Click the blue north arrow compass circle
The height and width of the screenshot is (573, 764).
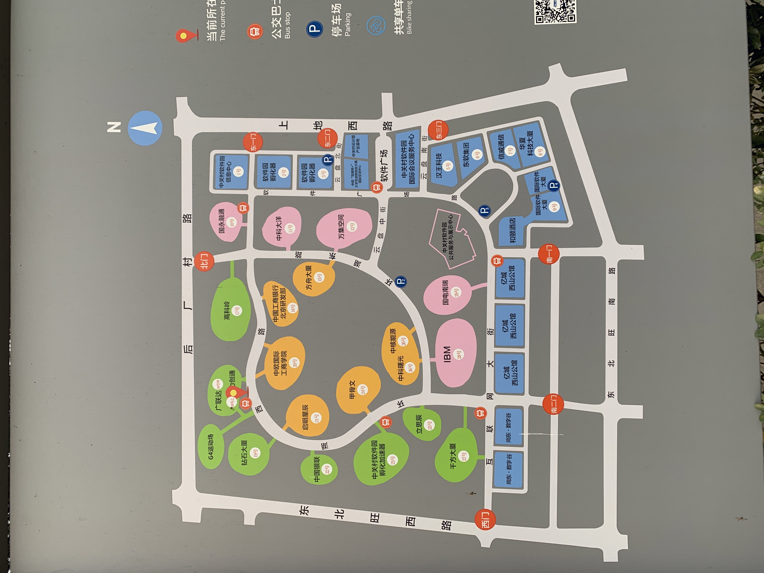(x=145, y=128)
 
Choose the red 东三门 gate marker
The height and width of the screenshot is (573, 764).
(x=438, y=130)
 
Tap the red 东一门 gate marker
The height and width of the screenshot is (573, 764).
(x=252, y=142)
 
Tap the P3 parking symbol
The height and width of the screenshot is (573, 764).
(x=484, y=211)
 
